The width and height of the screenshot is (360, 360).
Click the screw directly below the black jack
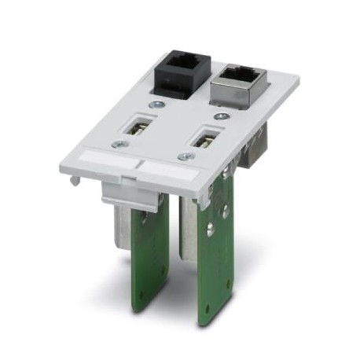point(156,104)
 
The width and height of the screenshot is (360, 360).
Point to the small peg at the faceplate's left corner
point(73,180)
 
